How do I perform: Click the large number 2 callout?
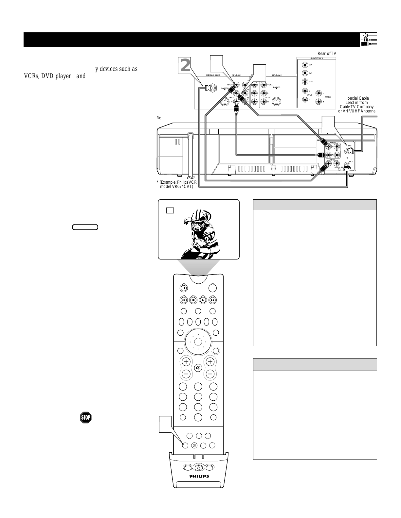tap(185, 66)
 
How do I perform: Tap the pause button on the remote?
tap(184, 288)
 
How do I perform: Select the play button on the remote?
tap(203, 300)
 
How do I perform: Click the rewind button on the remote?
tap(184, 300)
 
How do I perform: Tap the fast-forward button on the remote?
tap(213, 300)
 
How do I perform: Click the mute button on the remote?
tap(198, 368)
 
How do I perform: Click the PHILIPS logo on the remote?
tap(199, 476)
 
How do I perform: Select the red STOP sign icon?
tap(85, 417)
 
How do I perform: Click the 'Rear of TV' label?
tap(327, 54)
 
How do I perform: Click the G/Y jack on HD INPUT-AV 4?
tap(305, 65)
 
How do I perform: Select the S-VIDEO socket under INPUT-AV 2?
tap(277, 101)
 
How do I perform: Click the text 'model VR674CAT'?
tap(176, 187)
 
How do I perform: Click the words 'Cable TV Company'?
tap(356, 107)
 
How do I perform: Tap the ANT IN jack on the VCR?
tap(347, 152)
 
